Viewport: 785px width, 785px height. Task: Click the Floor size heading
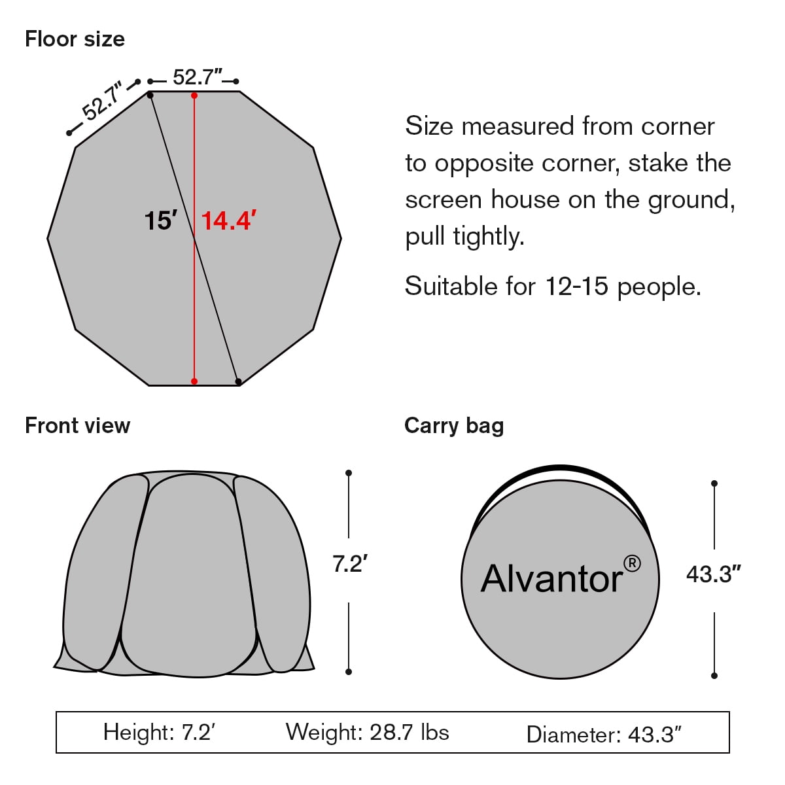click(x=75, y=39)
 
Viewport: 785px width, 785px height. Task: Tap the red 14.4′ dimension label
click(x=228, y=221)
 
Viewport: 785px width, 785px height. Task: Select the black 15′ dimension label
click(x=162, y=221)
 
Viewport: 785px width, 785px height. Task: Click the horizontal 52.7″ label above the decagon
click(x=198, y=77)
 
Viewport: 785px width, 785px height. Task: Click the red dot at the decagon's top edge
click(x=194, y=96)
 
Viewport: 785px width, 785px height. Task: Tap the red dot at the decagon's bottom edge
click(x=194, y=381)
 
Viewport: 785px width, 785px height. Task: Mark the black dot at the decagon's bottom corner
click(x=238, y=381)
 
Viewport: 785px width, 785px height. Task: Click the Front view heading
click(x=78, y=426)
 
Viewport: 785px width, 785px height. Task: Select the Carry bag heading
click(x=454, y=427)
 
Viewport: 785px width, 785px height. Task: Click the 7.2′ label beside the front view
click(x=350, y=563)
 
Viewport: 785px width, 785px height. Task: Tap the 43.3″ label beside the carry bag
click(x=713, y=574)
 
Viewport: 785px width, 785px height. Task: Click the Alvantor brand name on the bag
click(x=552, y=579)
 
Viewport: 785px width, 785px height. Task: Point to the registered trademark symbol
click(x=632, y=563)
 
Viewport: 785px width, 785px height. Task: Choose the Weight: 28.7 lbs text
click(x=367, y=732)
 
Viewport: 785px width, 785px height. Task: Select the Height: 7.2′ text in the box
click(x=159, y=732)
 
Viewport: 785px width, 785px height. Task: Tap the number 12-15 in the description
click(x=576, y=286)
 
